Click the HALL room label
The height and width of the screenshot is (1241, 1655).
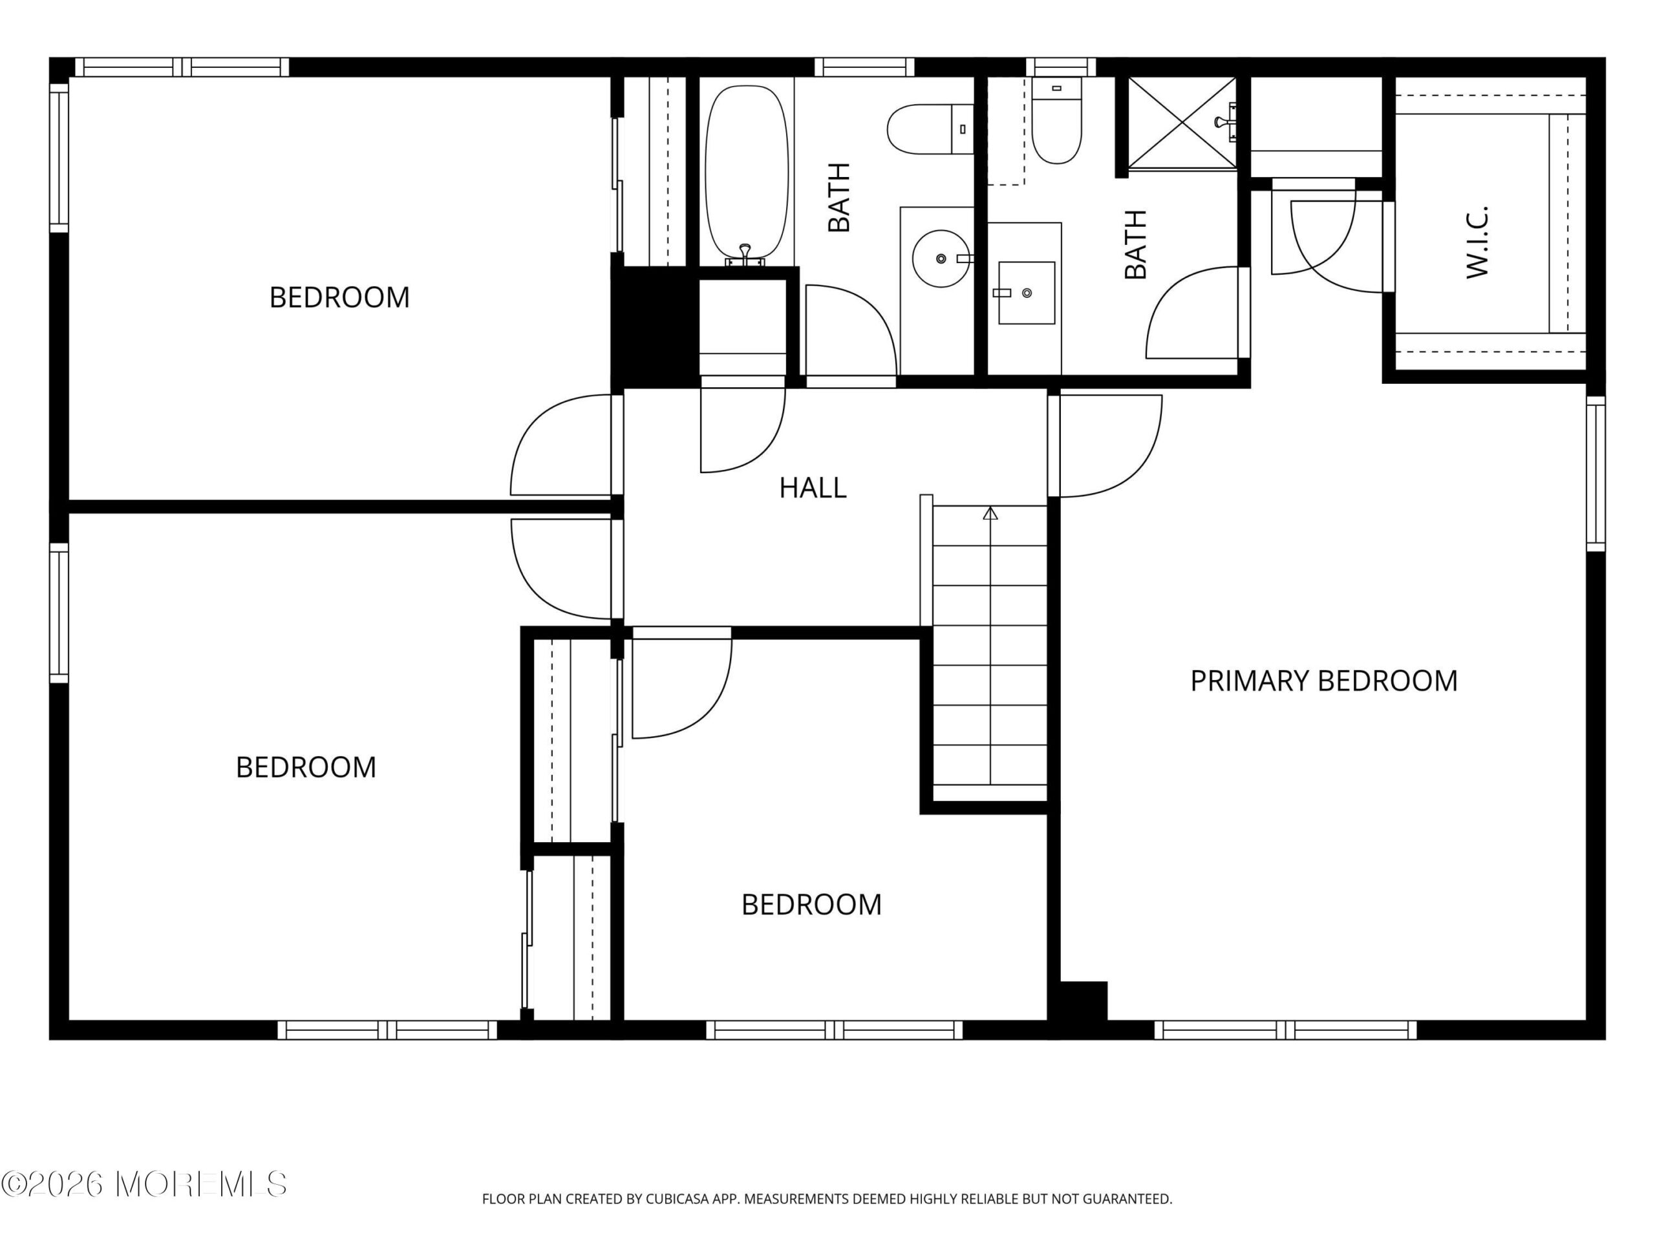(813, 488)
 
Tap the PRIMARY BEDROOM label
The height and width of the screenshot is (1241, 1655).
(1323, 681)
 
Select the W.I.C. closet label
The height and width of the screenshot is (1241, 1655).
(1477, 242)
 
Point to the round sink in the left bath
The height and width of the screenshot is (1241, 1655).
(941, 259)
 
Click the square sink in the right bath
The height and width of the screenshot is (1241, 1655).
(1027, 293)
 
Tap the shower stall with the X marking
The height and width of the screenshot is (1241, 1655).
(1182, 123)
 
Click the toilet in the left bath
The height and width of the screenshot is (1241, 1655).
(930, 129)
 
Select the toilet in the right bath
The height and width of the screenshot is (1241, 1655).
(1056, 120)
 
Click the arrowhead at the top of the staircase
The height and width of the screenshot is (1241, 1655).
(990, 513)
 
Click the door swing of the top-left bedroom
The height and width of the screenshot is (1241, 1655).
(561, 445)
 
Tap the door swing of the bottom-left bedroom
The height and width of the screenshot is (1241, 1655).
(561, 569)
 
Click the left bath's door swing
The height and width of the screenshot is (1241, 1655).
(851, 330)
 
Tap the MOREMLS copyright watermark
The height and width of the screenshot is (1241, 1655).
(144, 1184)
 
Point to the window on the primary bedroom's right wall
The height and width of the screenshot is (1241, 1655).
(1596, 474)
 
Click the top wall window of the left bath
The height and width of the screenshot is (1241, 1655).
(864, 67)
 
